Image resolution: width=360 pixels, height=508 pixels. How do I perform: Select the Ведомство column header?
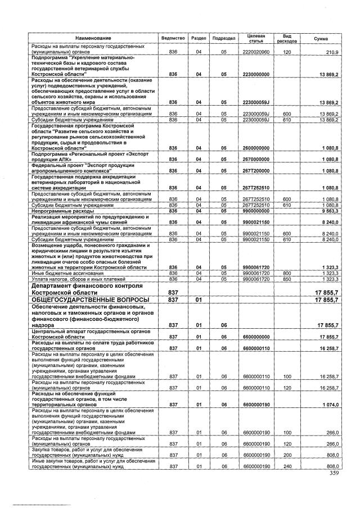click(173, 38)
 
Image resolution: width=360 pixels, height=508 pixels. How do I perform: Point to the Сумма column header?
click(321, 38)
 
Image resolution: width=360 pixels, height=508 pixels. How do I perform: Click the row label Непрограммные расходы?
click(56, 210)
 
